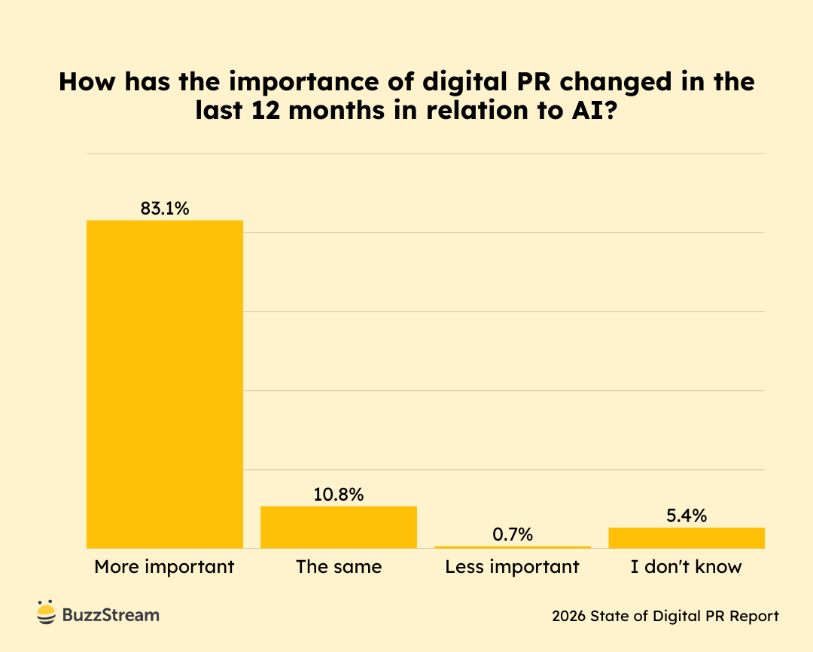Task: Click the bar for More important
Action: [165, 384]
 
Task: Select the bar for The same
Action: [339, 527]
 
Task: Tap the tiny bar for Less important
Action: [513, 547]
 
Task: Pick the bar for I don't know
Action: [687, 538]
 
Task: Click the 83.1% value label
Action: [165, 209]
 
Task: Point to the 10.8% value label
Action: [339, 495]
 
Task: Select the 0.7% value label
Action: [513, 535]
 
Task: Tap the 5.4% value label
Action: [687, 516]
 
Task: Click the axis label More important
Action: [165, 567]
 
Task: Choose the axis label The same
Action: [339, 567]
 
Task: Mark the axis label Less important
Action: [513, 567]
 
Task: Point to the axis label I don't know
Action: [687, 567]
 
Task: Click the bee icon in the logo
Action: [47, 614]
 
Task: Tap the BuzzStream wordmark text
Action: [111, 615]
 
